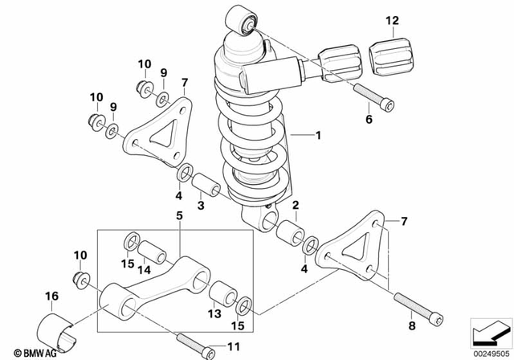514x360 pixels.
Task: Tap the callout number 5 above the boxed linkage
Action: (x=180, y=215)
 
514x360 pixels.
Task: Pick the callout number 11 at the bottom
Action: (x=234, y=346)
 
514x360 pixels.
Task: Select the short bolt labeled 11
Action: (x=196, y=344)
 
